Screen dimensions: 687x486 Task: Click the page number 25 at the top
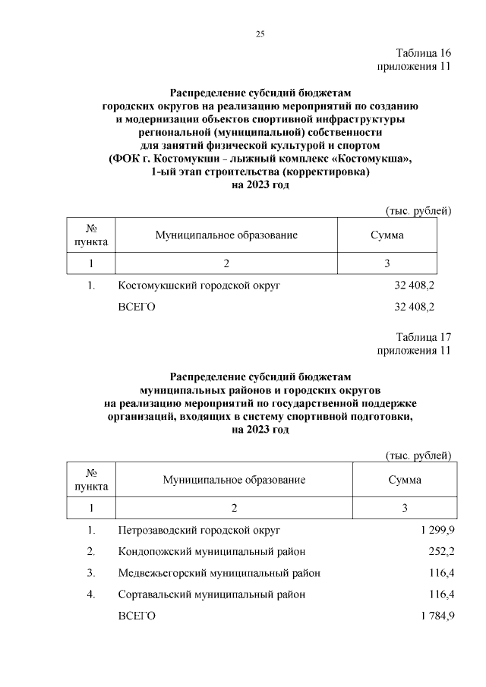pyautogui.click(x=259, y=33)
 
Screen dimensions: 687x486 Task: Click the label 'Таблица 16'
pyautogui.click(x=424, y=53)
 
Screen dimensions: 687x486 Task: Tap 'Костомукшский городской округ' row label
pyautogui.click(x=200, y=286)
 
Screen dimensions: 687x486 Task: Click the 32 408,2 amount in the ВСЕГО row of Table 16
pyautogui.click(x=414, y=307)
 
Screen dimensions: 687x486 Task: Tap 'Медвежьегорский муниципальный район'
pyautogui.click(x=219, y=572)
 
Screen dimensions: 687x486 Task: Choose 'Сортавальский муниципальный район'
pyautogui.click(x=212, y=594)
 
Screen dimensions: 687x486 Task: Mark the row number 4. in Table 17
pyautogui.click(x=91, y=594)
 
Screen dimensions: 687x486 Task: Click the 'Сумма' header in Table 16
pyautogui.click(x=387, y=235)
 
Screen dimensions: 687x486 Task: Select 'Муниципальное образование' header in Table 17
pyautogui.click(x=234, y=480)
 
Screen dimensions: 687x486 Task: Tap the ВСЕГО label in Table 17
pyautogui.click(x=137, y=616)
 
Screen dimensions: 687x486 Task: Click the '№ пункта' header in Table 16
pyautogui.click(x=91, y=235)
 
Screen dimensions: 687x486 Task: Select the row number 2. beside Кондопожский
pyautogui.click(x=91, y=550)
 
